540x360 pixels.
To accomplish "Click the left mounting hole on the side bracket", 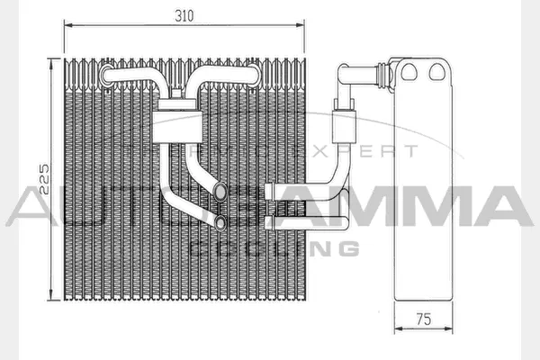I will tap(409, 70).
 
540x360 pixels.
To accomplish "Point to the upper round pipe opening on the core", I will tap(220, 189).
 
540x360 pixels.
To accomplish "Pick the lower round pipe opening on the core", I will tap(220, 220).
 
